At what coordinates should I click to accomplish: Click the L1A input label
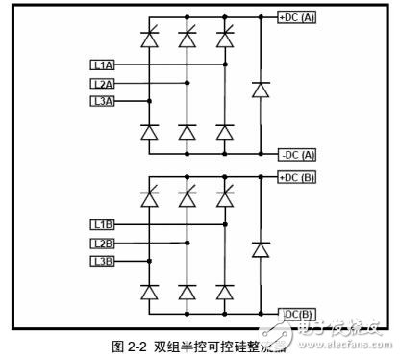point(102,64)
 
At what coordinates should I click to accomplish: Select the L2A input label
point(102,83)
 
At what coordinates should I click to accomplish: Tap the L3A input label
point(102,100)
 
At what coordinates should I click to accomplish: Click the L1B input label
point(102,225)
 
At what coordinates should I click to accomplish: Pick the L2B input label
point(102,243)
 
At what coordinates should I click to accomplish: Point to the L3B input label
point(102,260)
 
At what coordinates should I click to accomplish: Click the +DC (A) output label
point(297,17)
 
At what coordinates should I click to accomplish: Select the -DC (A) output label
point(297,154)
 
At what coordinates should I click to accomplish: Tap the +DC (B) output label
point(297,178)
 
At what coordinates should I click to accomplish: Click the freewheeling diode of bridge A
point(260,90)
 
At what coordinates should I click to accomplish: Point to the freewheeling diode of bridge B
point(260,249)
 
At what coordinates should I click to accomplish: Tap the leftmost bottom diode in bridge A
point(149,131)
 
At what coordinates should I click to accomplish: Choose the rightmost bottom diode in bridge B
point(224,291)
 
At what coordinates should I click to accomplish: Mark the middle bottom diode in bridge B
point(187,291)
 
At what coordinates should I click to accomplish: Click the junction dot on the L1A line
point(224,64)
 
